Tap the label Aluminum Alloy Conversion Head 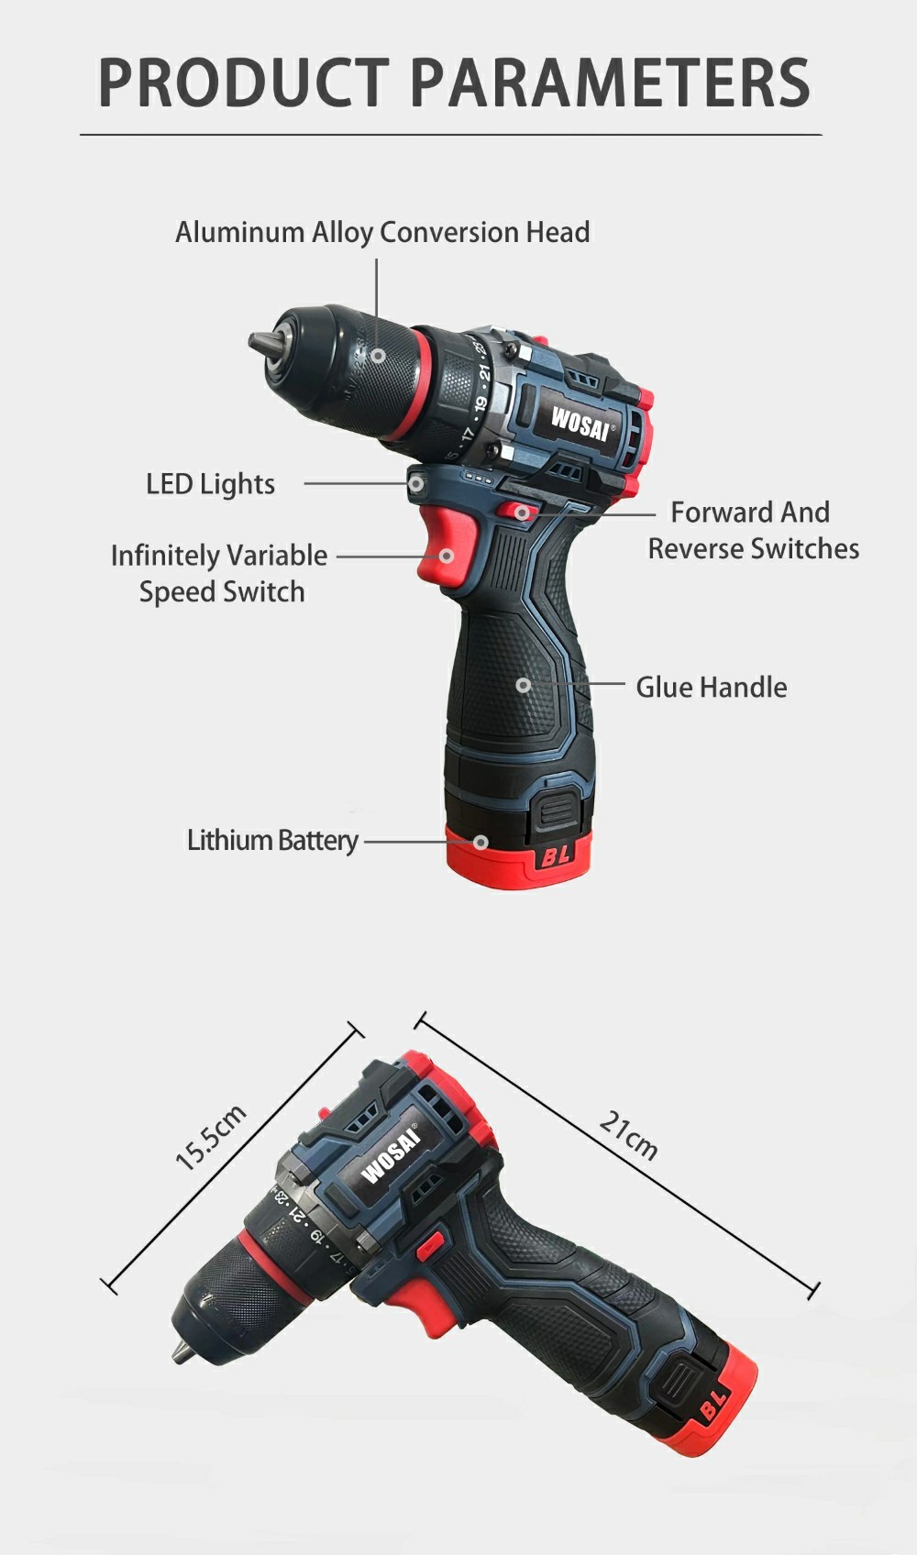382,233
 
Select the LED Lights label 210,484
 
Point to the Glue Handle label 712,688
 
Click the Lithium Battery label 273,841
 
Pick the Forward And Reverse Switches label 753,530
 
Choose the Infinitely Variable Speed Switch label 219,573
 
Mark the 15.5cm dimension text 210,1138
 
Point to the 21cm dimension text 628,1135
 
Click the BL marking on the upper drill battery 555,855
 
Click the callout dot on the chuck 379,356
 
